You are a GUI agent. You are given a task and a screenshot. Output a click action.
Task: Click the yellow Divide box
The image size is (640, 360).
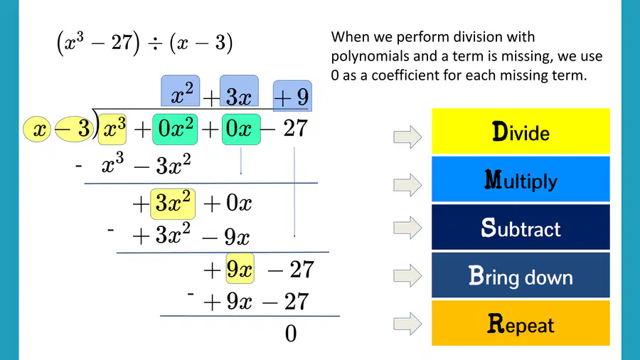[x=521, y=131]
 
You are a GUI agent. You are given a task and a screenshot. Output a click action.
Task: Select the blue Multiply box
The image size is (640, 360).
[x=521, y=179]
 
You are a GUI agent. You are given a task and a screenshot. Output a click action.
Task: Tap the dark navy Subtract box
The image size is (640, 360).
[x=521, y=227]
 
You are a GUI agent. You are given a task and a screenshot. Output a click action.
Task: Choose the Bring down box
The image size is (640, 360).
[x=521, y=275]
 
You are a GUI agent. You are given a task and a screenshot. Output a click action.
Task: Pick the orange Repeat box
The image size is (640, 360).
[x=521, y=323]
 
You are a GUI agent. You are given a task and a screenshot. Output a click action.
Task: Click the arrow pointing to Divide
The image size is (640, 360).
[x=407, y=137]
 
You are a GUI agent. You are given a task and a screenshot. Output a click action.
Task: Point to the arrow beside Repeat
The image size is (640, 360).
[x=407, y=324]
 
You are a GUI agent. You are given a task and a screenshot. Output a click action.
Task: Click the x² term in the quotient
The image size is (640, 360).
[x=181, y=91]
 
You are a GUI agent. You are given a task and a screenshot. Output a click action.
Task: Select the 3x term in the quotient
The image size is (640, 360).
[x=239, y=91]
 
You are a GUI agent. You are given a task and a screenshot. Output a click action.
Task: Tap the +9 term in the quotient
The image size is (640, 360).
[x=292, y=96]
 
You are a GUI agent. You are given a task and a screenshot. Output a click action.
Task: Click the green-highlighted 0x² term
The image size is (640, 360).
[x=175, y=129]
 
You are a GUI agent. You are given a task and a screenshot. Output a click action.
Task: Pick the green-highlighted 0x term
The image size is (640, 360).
[x=241, y=129]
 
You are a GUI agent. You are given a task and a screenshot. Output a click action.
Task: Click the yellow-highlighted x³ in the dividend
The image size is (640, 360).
[x=112, y=129]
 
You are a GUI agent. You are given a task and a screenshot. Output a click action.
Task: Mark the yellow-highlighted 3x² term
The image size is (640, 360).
[x=173, y=204]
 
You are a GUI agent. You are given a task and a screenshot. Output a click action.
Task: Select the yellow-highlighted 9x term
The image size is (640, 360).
[x=240, y=268]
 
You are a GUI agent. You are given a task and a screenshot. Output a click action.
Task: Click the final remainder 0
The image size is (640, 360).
[x=291, y=334]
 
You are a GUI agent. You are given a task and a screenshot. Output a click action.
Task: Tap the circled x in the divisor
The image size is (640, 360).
[x=37, y=129]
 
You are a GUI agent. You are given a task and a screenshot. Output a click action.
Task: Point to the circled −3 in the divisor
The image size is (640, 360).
[x=74, y=129]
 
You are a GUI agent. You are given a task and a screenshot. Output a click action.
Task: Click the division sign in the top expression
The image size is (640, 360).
[x=155, y=43]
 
